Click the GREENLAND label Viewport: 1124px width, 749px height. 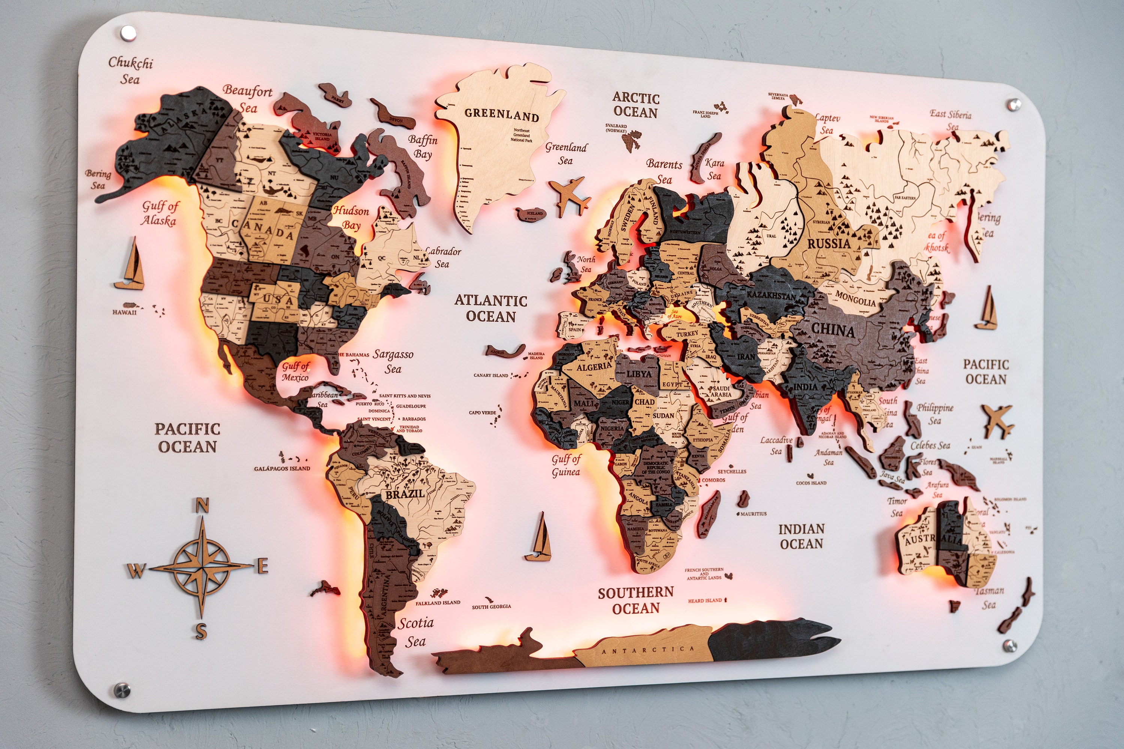point(501,115)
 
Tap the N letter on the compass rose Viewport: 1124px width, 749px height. point(202,505)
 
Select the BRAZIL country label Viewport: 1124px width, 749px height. point(405,494)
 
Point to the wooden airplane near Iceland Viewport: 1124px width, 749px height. point(569,195)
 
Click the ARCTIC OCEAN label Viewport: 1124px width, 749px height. point(635,105)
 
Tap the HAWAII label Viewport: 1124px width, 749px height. point(124,312)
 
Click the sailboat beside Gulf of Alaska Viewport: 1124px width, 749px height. point(130,266)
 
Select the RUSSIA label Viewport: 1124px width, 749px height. point(829,244)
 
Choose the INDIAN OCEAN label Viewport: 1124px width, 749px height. point(801,536)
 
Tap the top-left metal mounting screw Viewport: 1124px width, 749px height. point(128,33)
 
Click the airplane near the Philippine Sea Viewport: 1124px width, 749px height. point(998,420)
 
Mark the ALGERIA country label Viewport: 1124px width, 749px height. point(594,367)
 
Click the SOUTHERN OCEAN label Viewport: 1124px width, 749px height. point(635,600)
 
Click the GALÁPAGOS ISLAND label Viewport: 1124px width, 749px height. point(282,468)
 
